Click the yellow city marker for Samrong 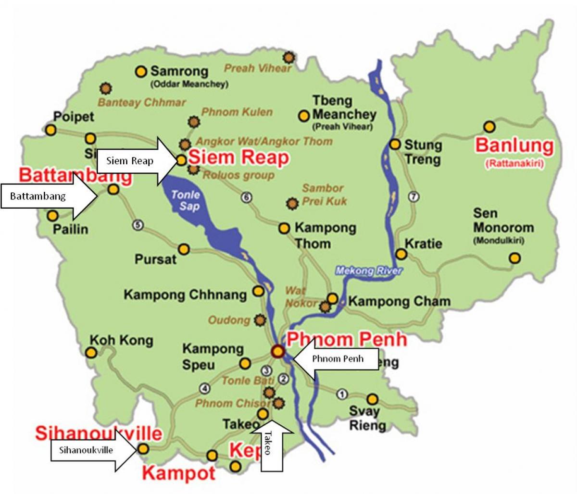[140, 72]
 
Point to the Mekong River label [368, 271]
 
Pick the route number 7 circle [414, 196]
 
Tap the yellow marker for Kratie [401, 254]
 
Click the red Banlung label [514, 145]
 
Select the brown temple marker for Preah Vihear [288, 58]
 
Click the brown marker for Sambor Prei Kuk [291, 203]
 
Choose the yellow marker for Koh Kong [91, 353]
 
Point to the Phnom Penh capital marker [278, 352]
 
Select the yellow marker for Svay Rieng [372, 399]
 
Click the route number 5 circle [138, 224]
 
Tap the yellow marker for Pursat [184, 249]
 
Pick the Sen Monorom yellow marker [514, 258]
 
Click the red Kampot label [178, 473]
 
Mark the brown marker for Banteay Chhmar [106, 88]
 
